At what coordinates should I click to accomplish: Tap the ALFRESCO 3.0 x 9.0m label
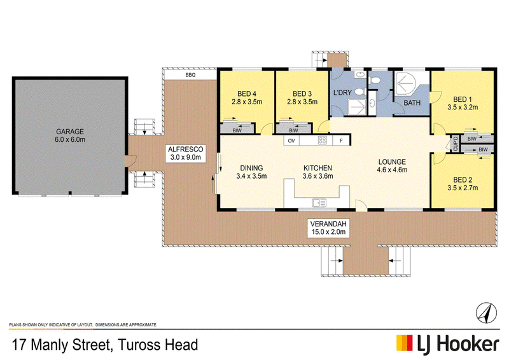point(186,153)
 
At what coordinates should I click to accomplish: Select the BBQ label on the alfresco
point(190,75)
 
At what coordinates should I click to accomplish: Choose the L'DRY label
point(342,92)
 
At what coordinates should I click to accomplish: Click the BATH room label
point(412,103)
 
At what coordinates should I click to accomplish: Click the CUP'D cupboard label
point(456,144)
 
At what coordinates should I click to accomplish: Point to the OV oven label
point(291,141)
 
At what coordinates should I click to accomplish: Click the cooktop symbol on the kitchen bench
point(323,141)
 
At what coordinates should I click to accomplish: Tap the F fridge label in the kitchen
point(341,141)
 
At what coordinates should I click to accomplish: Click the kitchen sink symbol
point(319,203)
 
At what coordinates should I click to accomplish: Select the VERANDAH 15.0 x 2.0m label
point(328,228)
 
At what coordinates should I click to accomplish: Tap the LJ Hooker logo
point(448,345)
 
